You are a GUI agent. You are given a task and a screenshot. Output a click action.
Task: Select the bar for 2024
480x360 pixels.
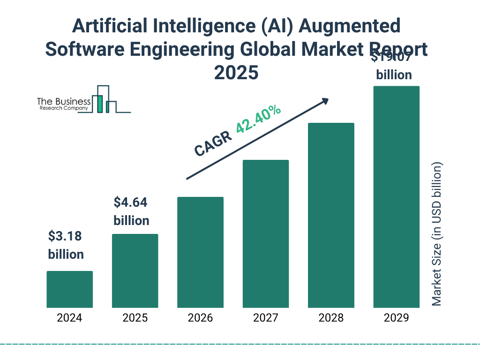coord(69,289)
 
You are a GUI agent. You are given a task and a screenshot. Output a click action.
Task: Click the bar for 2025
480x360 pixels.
coord(135,270)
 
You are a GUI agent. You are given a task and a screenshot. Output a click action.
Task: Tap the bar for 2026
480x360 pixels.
coord(200,252)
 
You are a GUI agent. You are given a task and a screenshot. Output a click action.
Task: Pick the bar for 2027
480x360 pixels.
coord(265,233)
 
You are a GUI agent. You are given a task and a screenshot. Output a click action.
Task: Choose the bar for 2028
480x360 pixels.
coord(331,215)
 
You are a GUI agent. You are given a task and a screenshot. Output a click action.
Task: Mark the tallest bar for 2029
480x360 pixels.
coord(396,197)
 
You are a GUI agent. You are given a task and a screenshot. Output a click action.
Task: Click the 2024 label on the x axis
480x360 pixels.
coord(69,318)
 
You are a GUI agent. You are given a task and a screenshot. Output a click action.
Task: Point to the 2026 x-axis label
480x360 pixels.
coord(200,318)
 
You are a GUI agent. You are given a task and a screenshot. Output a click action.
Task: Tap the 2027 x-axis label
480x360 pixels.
coord(265,318)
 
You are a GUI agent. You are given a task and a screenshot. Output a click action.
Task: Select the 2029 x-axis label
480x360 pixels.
coord(396,318)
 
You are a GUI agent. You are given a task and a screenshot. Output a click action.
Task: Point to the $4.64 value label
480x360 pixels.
coord(131,203)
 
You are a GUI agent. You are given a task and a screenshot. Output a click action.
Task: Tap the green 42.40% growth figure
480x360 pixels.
coord(258,119)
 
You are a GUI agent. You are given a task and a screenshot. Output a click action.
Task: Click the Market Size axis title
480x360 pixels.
coord(437,234)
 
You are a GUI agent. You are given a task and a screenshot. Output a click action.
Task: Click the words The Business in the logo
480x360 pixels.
coord(64,101)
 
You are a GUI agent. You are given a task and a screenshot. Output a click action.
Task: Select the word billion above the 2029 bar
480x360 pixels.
coord(394,75)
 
